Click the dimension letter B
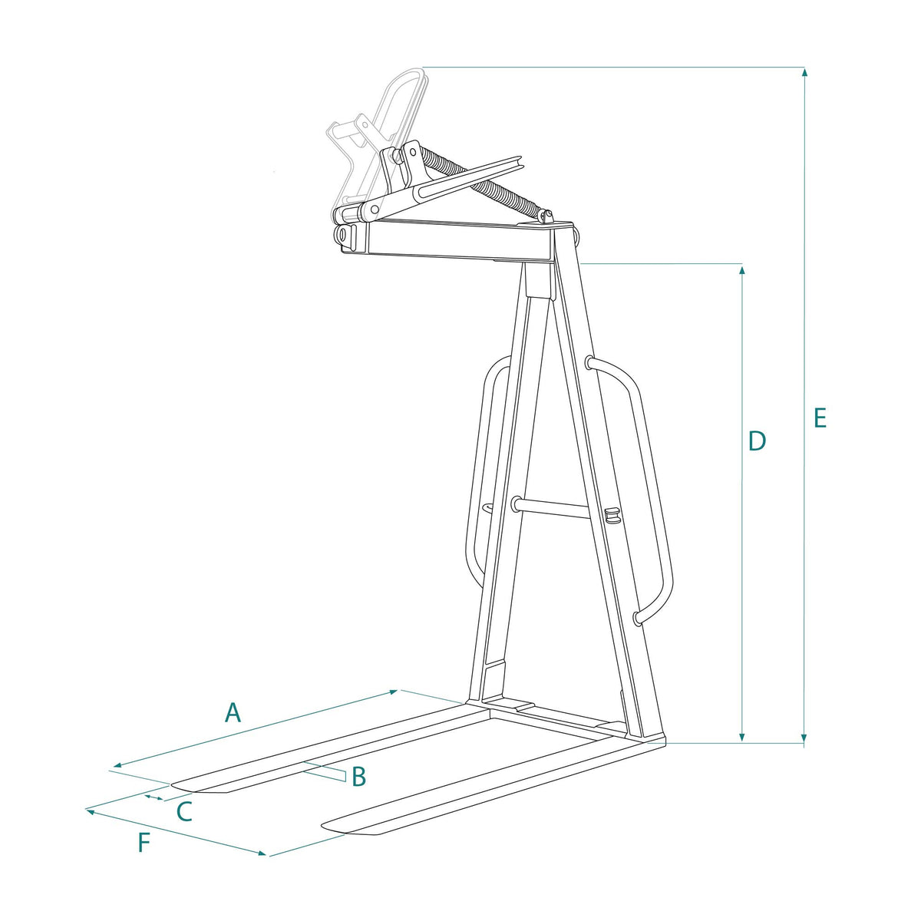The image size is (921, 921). pos(358,776)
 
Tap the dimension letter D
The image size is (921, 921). pos(758,441)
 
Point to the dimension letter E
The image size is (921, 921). pos(820,418)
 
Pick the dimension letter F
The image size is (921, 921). pos(144,856)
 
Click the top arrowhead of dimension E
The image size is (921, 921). pos(805,73)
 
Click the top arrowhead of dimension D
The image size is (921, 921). pos(742,270)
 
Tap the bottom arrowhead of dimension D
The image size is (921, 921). pos(742,737)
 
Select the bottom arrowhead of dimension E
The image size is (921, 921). pos(805,737)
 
